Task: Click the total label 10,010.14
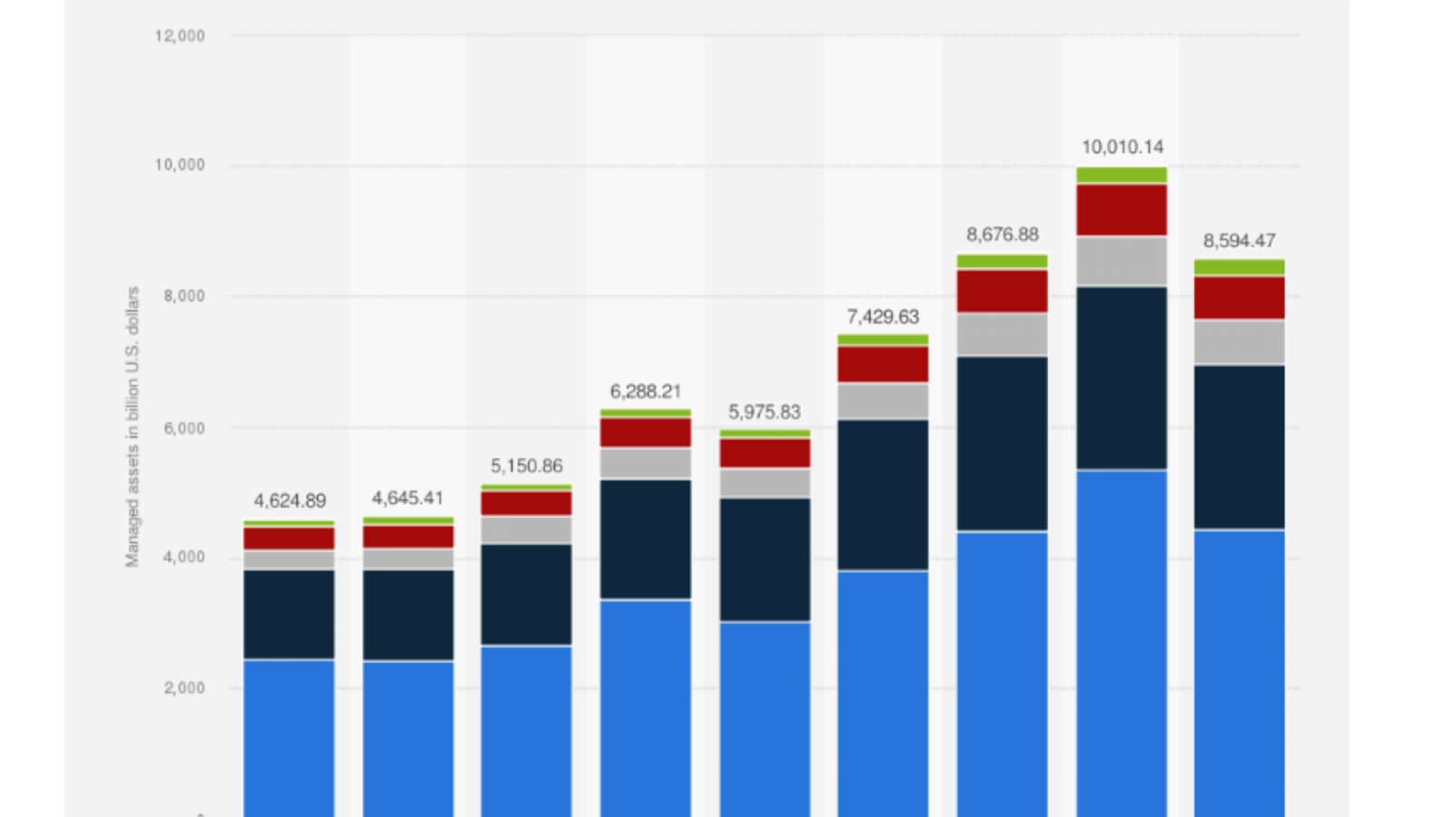coord(1122,147)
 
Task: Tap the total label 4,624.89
coord(290,501)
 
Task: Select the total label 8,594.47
coord(1240,241)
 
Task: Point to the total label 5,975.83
coord(765,412)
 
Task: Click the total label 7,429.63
coord(883,317)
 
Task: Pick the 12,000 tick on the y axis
coord(180,36)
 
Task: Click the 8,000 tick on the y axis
coord(184,296)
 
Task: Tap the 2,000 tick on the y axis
coord(184,688)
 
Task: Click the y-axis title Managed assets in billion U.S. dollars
coord(133,427)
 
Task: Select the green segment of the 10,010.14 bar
coord(1122,175)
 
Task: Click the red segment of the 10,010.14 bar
coord(1122,211)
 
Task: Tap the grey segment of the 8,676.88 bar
coord(1003,335)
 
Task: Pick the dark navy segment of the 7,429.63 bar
coord(883,495)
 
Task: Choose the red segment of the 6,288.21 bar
coord(646,433)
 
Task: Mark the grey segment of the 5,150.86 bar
coord(527,530)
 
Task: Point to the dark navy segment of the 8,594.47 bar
coord(1240,448)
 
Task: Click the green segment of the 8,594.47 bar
coord(1240,267)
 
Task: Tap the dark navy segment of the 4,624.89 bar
coord(290,615)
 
